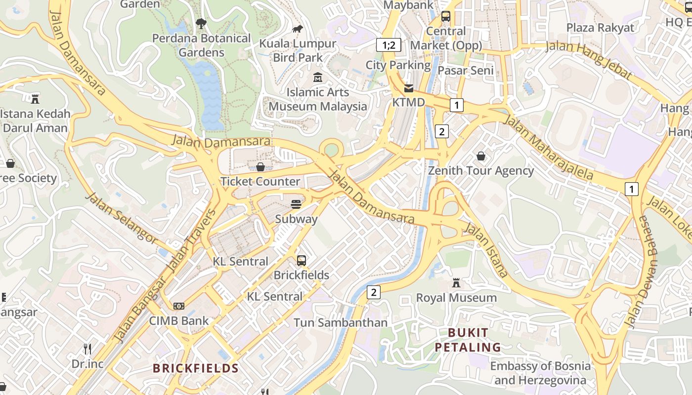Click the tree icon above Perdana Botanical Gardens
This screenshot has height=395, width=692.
(x=201, y=23)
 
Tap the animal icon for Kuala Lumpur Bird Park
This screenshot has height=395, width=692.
(x=298, y=29)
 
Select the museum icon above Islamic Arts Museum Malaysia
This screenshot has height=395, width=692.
(x=318, y=78)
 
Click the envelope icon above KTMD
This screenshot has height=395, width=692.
(x=409, y=88)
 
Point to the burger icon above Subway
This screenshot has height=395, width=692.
(x=296, y=204)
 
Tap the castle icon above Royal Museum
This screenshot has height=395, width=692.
(x=456, y=283)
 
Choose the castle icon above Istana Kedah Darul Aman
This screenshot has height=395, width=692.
(x=35, y=99)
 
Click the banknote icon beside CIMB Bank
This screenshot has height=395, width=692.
(x=179, y=307)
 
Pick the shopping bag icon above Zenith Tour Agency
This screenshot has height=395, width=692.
(x=480, y=157)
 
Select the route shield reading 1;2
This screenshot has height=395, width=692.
(x=389, y=45)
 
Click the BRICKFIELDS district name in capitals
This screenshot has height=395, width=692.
(x=196, y=368)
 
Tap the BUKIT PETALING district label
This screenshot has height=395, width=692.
(x=468, y=340)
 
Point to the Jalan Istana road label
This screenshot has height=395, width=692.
(x=486, y=250)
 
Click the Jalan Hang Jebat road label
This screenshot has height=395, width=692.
(x=588, y=60)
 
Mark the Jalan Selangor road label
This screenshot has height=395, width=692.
(x=122, y=218)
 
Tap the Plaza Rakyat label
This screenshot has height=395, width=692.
(x=600, y=28)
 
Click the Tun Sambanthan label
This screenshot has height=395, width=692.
(x=341, y=323)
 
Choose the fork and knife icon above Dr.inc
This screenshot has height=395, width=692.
(x=87, y=350)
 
